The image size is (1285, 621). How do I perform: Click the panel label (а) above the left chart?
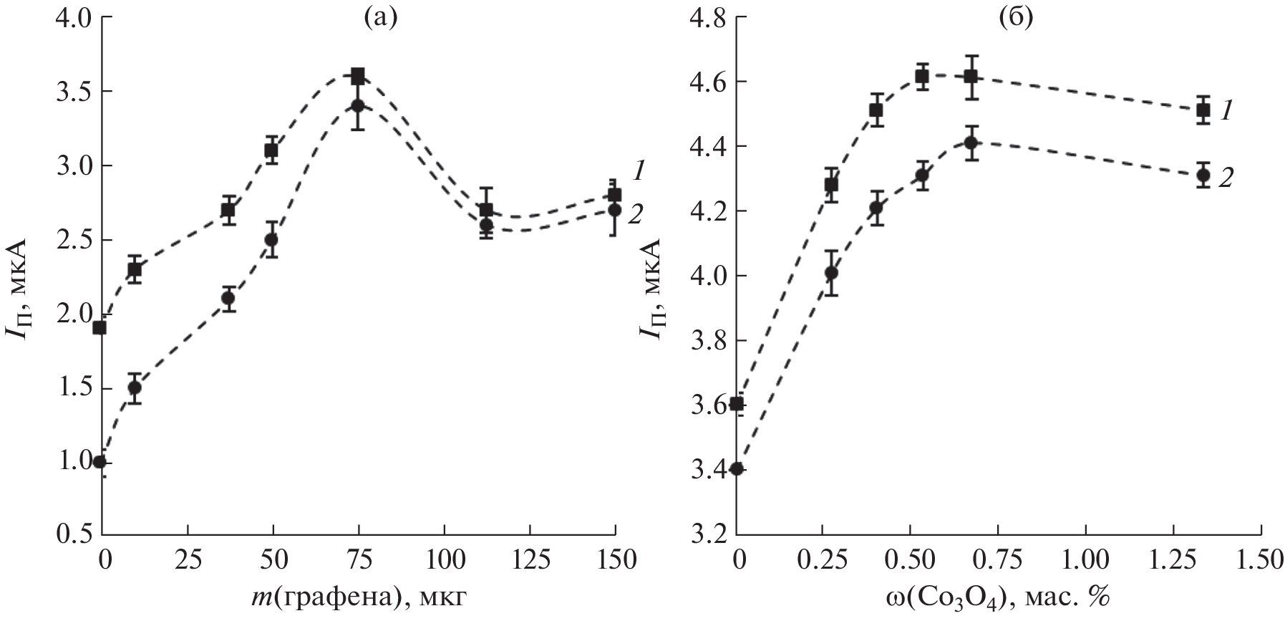(379, 17)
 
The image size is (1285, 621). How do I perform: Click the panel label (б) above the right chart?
(1016, 17)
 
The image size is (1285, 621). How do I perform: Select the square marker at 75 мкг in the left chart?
(358, 76)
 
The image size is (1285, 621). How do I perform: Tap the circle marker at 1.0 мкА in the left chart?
(100, 461)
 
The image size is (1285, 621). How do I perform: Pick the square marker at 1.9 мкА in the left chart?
(100, 328)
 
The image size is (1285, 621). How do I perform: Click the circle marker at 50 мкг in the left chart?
(271, 239)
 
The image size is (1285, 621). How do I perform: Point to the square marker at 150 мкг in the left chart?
(614, 195)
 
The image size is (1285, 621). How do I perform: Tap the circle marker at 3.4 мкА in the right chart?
(738, 469)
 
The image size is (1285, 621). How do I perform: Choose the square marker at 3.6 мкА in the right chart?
(738, 404)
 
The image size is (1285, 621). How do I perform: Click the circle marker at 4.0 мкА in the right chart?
(831, 272)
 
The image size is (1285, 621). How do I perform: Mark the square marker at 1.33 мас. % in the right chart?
(1203, 110)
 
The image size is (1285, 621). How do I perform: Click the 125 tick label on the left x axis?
(530, 560)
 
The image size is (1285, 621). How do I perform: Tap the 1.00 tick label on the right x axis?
(1085, 560)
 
